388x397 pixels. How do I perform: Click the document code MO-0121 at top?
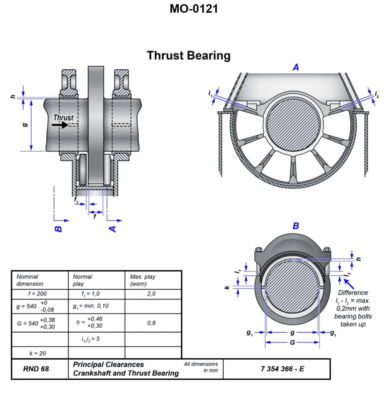click(194, 9)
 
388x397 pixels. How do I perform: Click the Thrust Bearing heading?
click(189, 55)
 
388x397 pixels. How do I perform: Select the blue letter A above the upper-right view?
click(296, 67)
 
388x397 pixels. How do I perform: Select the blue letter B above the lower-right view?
click(296, 226)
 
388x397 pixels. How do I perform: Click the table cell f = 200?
click(37, 294)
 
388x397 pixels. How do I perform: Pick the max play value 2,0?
click(151, 294)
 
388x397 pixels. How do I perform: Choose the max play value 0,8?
click(151, 323)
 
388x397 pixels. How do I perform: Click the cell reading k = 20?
click(38, 353)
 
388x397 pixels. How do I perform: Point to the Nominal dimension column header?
click(30, 280)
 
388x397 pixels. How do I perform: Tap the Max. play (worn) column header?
click(143, 280)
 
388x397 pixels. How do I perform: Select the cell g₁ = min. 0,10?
click(91, 306)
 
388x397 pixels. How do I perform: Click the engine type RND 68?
click(36, 369)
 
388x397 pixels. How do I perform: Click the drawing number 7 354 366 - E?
click(282, 369)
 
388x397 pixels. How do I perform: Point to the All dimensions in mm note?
click(201, 367)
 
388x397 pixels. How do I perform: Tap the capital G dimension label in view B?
click(292, 342)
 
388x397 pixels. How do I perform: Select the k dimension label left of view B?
click(226, 288)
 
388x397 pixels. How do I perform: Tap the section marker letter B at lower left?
click(58, 229)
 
